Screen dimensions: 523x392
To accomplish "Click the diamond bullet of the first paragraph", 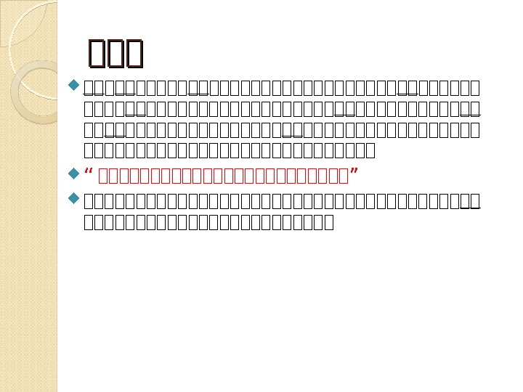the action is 73,86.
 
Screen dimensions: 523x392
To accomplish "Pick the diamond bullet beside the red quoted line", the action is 73,174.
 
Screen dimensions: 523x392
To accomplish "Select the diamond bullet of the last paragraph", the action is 73,197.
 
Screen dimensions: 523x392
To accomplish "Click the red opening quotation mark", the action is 89,174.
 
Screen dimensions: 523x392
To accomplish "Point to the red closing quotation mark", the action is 354,174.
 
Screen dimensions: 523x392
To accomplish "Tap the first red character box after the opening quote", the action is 102,176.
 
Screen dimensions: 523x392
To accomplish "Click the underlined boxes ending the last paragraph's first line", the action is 470,200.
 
